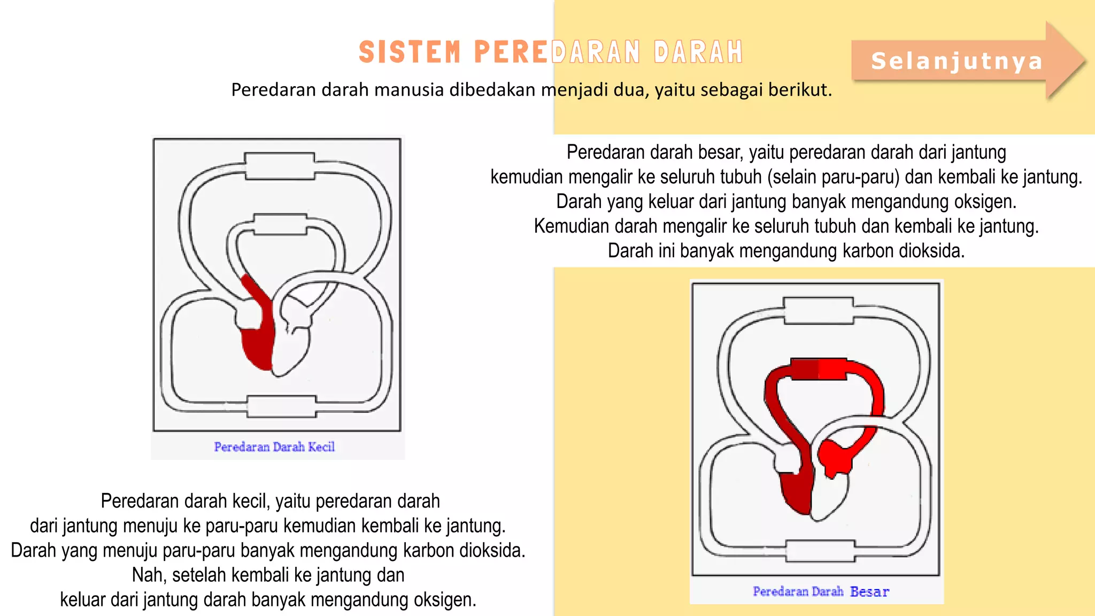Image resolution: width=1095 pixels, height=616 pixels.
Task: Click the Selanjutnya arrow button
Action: pyautogui.click(x=957, y=61)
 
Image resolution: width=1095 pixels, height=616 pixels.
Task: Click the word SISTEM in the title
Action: pyautogui.click(x=410, y=52)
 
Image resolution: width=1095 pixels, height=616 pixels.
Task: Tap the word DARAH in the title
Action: pyautogui.click(x=698, y=52)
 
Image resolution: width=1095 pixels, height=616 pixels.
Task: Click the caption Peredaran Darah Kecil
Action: pyautogui.click(x=274, y=447)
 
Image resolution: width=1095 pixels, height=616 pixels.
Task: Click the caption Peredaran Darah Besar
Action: pyautogui.click(x=821, y=591)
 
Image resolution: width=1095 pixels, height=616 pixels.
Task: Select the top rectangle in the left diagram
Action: pyautogui.click(x=280, y=166)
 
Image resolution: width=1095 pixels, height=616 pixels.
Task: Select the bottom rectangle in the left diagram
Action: pyautogui.click(x=282, y=406)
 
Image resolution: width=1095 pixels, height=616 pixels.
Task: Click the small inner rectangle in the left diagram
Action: pyautogui.click(x=280, y=225)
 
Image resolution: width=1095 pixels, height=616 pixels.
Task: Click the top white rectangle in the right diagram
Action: pyautogui.click(x=819, y=311)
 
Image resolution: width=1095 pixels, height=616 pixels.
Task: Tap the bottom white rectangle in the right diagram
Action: pyautogui.click(x=820, y=551)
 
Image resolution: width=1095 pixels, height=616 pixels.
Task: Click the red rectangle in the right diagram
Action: pyautogui.click(x=819, y=369)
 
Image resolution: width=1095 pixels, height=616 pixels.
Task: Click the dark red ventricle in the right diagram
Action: pyautogui.click(x=797, y=489)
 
